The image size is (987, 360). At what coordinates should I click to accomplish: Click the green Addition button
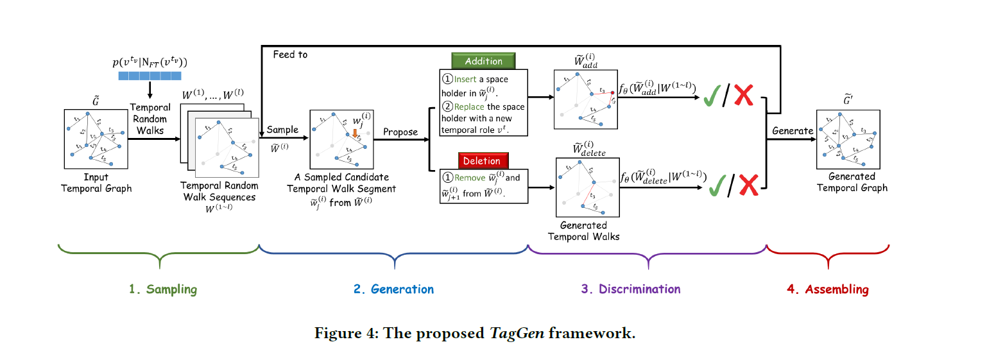(483, 61)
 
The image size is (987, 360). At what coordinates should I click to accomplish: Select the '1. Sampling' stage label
(162, 289)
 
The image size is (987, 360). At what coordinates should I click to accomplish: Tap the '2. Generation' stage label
(393, 289)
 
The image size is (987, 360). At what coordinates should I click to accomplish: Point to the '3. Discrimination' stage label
(631, 289)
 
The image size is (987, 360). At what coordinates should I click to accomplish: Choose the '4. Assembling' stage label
(827, 289)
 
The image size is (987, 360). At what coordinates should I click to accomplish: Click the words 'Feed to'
(290, 55)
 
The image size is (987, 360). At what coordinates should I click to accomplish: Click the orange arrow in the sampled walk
(354, 132)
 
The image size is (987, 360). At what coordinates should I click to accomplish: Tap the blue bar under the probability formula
(150, 76)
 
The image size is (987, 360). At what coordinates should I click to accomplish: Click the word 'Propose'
(400, 132)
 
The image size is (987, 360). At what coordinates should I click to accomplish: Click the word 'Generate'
(793, 130)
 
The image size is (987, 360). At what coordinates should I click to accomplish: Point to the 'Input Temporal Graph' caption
(96, 183)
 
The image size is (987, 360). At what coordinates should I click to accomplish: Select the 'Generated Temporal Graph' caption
(852, 182)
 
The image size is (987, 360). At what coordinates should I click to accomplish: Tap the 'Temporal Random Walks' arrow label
(150, 119)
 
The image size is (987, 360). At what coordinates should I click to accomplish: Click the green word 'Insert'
(466, 80)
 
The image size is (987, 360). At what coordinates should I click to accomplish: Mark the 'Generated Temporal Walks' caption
(583, 231)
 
